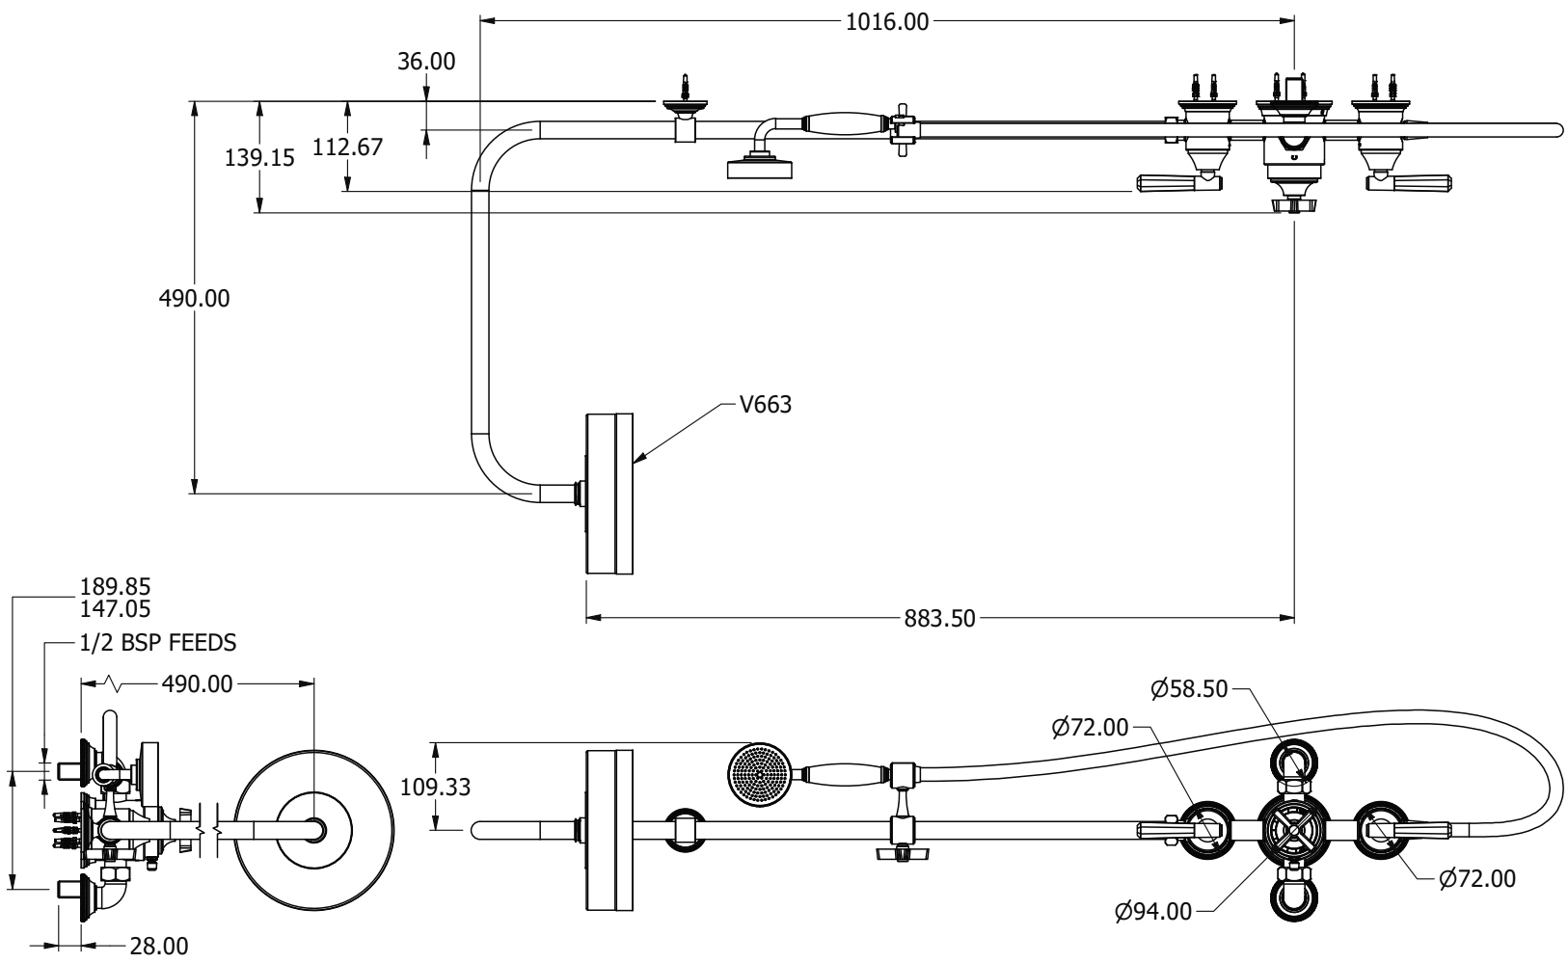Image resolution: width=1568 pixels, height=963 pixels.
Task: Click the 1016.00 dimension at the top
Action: click(886, 21)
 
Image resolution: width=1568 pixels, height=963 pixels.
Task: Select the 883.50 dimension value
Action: click(938, 618)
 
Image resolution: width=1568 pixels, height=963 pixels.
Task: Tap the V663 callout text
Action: click(766, 404)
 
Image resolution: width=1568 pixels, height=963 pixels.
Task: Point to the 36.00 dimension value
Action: click(425, 62)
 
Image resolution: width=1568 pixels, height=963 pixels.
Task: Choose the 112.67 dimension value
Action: click(347, 147)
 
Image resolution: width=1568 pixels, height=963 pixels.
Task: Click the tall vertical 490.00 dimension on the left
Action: click(194, 298)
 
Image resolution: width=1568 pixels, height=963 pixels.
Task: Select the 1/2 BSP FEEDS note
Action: click(158, 642)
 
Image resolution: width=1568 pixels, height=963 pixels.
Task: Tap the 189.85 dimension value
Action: click(116, 587)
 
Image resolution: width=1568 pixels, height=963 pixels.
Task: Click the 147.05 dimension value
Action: click(116, 608)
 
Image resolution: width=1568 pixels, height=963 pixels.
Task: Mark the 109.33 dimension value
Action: click(435, 787)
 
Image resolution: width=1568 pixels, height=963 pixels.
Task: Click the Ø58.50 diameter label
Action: click(1189, 688)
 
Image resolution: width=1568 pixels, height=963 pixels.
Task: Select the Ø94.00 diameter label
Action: click(1152, 910)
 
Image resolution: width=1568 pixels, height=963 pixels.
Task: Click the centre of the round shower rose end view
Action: click(314, 829)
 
